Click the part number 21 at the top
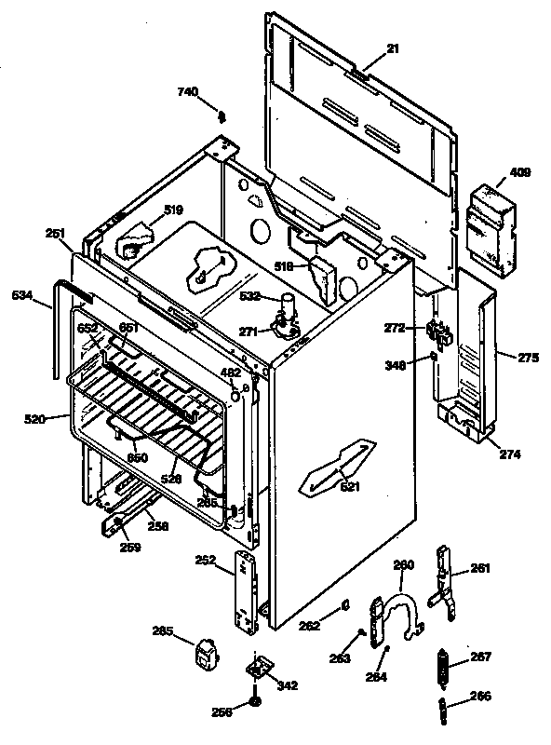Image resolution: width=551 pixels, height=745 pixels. [392, 48]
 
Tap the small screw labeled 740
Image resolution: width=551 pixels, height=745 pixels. [222, 116]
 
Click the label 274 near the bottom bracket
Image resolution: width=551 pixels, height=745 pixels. [510, 454]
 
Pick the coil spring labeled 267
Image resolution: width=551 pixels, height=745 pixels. [445, 669]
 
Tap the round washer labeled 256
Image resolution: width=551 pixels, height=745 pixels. [255, 700]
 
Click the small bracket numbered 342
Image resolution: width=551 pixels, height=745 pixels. [257, 669]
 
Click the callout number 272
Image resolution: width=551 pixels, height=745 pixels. [396, 327]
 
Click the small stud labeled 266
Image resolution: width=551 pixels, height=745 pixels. [445, 712]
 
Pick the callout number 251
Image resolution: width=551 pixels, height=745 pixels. [54, 234]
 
